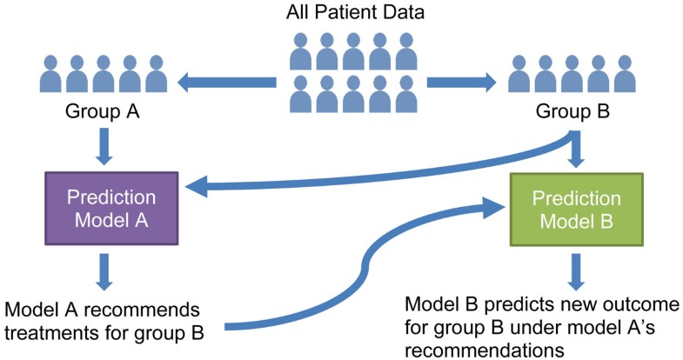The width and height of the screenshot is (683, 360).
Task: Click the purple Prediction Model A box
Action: [110, 208]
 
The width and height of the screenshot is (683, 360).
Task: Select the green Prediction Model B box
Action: [576, 208]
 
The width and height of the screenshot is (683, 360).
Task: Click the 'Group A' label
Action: [103, 112]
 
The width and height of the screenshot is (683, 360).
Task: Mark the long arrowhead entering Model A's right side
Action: [198, 185]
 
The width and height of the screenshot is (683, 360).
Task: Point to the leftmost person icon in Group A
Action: [50, 74]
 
